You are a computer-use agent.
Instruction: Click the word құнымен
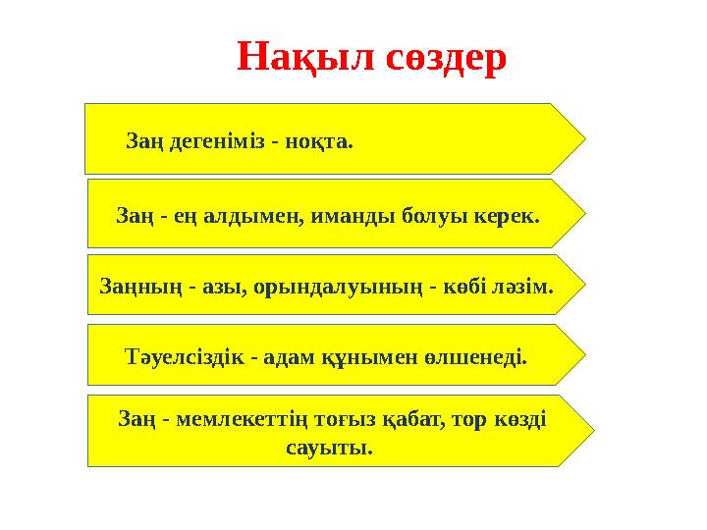click(x=352, y=355)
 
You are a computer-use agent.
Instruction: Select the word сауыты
click(x=327, y=450)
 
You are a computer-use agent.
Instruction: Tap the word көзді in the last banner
click(x=520, y=420)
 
